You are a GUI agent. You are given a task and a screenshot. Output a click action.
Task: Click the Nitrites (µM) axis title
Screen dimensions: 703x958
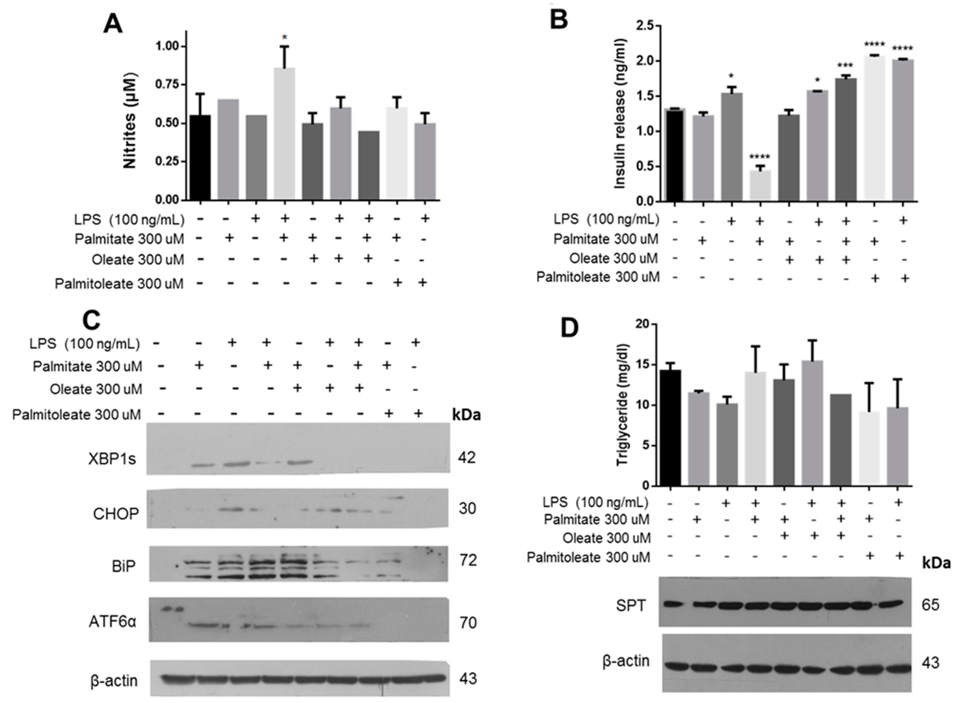click(x=130, y=121)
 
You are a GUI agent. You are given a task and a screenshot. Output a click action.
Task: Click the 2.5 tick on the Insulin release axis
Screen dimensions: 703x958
click(x=645, y=26)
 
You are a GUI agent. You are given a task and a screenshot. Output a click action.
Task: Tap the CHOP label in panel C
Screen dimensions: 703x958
click(x=116, y=514)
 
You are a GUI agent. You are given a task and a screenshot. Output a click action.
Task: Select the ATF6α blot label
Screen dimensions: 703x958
click(x=112, y=622)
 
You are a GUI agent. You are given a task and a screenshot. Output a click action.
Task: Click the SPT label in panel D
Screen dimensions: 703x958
click(x=631, y=606)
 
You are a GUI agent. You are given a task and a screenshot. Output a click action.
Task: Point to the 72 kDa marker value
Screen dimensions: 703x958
click(x=468, y=560)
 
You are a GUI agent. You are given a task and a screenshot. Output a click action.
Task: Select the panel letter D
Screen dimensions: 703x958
click(x=570, y=328)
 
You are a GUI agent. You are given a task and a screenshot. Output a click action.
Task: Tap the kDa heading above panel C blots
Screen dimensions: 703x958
click(x=466, y=414)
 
